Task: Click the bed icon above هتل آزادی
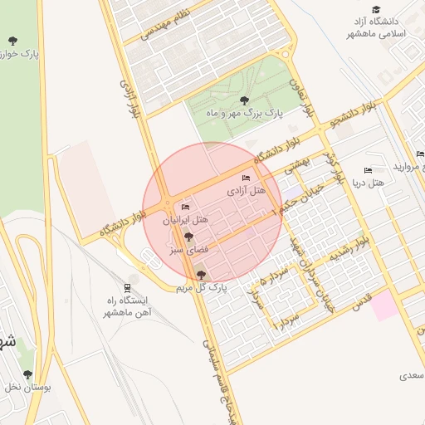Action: [x=246, y=178]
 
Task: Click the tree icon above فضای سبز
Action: [x=188, y=237]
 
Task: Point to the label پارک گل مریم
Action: [x=202, y=287]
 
